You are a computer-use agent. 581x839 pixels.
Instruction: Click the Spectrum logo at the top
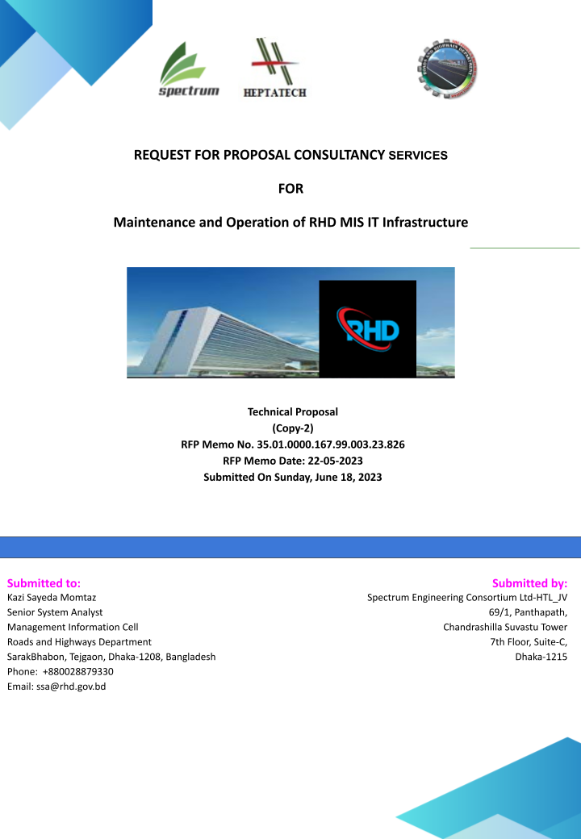189,70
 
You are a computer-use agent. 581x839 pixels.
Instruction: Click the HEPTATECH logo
274,68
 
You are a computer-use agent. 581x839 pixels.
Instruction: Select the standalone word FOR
290,189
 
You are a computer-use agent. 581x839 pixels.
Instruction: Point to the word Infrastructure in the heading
421,221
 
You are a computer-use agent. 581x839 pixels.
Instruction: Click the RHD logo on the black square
367,328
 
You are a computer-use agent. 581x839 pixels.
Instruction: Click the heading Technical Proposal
292,411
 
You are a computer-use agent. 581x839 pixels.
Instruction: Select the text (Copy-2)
292,428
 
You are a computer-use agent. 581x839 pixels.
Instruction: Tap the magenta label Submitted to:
44,582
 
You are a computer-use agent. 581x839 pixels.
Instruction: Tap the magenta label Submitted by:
529,582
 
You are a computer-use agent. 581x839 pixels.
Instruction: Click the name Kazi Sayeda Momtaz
51,598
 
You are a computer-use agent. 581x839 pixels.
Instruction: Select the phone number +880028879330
77,671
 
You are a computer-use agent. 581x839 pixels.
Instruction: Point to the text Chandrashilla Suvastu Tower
505,627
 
